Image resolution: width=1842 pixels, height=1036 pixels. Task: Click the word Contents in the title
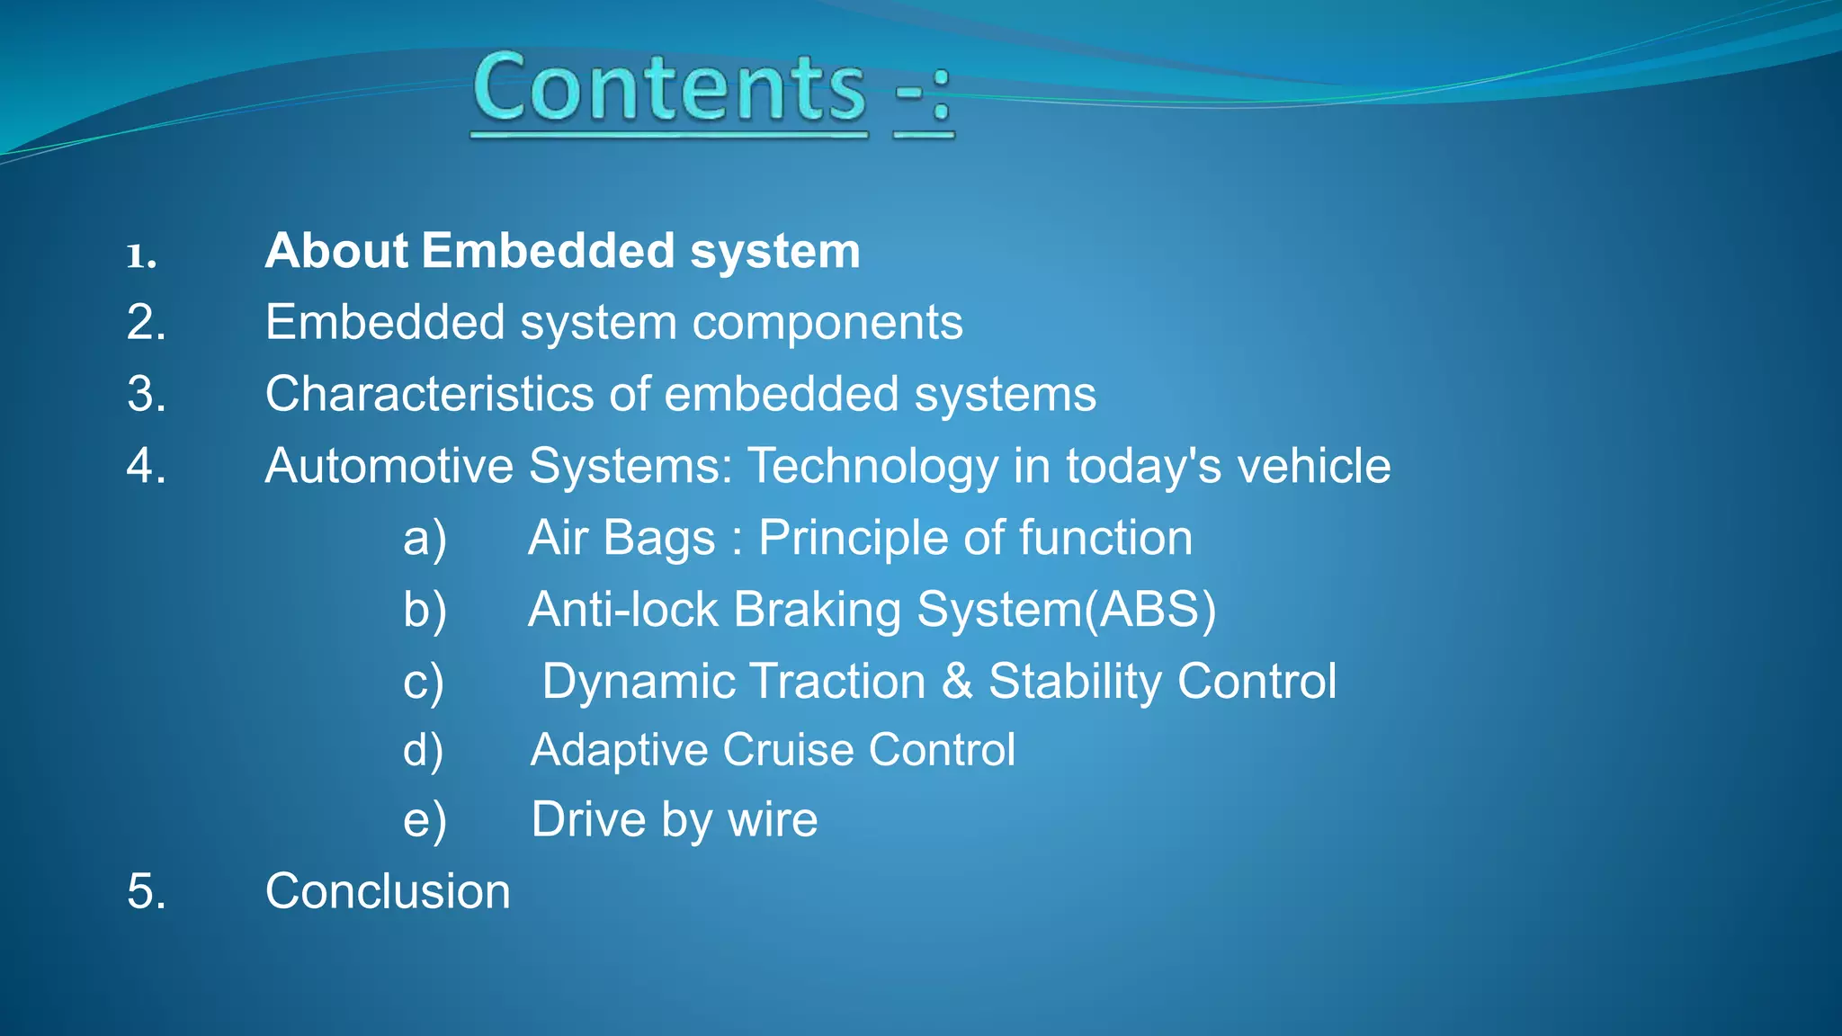[669, 87]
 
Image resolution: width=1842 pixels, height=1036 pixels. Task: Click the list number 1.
[141, 256]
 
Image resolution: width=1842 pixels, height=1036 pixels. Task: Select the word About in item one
[337, 251]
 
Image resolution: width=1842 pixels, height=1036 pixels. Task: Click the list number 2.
[146, 322]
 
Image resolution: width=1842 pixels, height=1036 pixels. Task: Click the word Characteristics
[429, 394]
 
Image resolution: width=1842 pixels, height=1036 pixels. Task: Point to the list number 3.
[146, 394]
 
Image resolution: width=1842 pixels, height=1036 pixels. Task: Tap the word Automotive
[389, 466]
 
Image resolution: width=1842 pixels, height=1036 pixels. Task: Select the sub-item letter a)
[425, 538]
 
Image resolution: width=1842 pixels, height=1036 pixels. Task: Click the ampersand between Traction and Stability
[957, 682]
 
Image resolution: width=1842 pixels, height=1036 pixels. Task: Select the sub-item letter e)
[425, 819]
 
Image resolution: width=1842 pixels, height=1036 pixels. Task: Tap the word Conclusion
[388, 891]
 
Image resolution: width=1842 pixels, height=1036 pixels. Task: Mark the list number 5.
[146, 891]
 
